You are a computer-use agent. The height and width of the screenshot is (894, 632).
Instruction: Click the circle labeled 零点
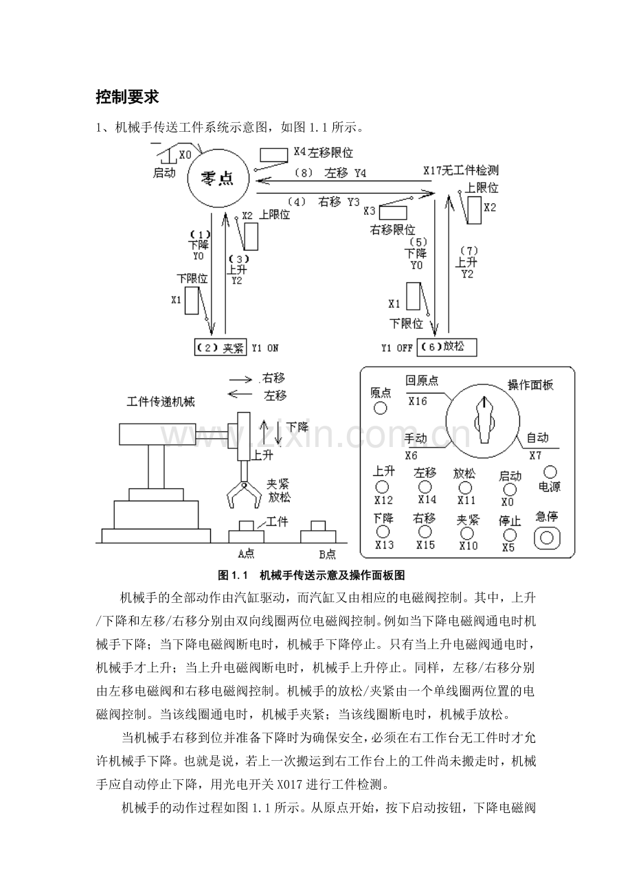(x=219, y=179)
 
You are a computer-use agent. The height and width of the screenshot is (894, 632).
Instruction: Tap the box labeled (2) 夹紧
(x=220, y=347)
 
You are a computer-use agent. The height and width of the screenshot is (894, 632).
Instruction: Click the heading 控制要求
(x=128, y=97)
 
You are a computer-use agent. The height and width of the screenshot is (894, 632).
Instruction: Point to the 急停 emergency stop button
(x=547, y=537)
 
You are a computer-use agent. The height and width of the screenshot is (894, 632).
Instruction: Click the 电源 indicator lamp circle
(x=550, y=472)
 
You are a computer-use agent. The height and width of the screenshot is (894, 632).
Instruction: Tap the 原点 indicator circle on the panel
(x=380, y=408)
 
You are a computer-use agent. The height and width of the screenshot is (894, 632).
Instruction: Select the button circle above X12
(x=383, y=487)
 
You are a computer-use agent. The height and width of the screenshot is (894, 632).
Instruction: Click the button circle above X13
(x=383, y=531)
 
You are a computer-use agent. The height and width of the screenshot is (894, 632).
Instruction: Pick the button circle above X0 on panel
(x=509, y=490)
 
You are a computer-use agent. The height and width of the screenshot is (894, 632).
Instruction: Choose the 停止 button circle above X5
(x=509, y=534)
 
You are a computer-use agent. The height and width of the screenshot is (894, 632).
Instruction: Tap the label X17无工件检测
(x=460, y=170)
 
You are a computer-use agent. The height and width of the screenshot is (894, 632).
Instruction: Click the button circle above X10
(x=467, y=533)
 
